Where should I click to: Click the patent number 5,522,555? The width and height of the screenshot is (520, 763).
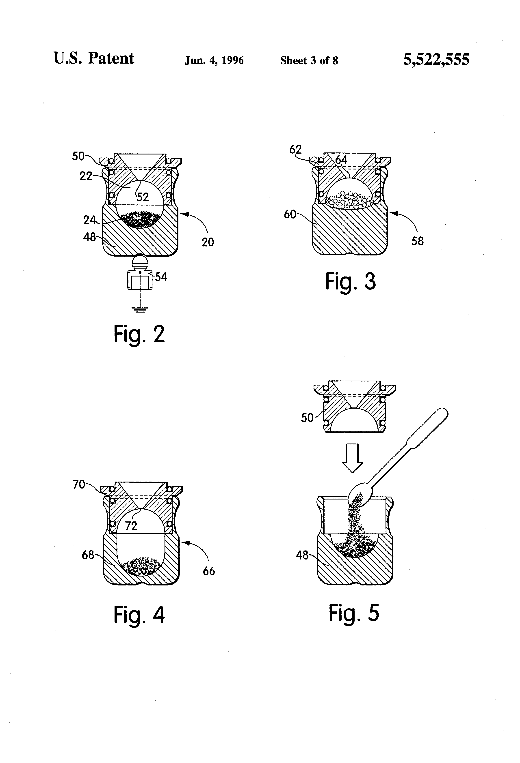click(436, 60)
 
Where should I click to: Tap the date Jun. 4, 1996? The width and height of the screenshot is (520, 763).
click(214, 60)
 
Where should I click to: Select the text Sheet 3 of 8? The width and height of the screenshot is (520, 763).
click(309, 60)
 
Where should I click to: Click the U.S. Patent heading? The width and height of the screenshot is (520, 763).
click(94, 58)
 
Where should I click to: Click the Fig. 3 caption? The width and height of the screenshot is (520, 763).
click(350, 281)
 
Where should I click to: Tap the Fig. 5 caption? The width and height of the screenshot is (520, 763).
click(354, 613)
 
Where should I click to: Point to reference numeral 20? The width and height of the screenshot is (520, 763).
click(208, 242)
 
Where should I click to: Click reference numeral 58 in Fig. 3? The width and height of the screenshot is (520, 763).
click(417, 241)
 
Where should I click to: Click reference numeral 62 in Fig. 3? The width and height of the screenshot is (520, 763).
click(295, 150)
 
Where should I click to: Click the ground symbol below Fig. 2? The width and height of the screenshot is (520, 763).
click(140, 309)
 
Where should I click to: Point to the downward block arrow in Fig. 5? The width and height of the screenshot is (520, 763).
click(352, 458)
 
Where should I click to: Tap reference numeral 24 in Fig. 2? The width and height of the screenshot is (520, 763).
click(89, 220)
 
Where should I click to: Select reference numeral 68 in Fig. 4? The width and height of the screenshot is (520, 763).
click(88, 555)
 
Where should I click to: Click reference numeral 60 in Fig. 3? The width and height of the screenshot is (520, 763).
click(290, 215)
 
